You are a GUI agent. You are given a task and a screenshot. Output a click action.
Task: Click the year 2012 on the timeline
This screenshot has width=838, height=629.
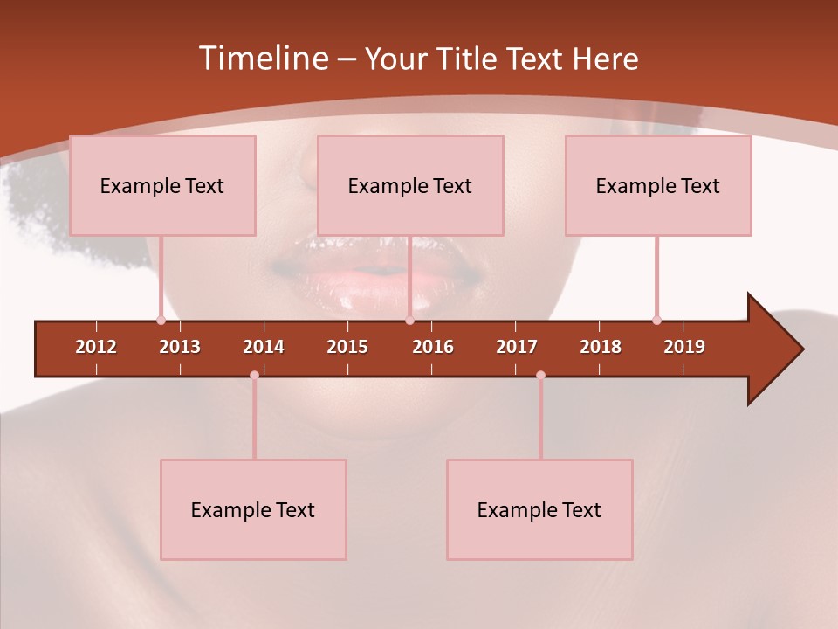click(96, 347)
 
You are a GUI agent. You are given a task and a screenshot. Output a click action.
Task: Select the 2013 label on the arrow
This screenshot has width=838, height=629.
click(180, 347)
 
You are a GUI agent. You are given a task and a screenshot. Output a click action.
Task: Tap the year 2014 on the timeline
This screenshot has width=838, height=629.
click(264, 347)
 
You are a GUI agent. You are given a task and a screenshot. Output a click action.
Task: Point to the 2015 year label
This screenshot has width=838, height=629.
click(347, 347)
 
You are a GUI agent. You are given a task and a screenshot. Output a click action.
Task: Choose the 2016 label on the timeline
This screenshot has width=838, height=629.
click(433, 347)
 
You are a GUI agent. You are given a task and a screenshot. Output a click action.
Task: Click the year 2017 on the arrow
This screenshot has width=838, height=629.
click(517, 347)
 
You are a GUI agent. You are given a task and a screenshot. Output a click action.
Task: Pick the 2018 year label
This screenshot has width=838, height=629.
click(601, 347)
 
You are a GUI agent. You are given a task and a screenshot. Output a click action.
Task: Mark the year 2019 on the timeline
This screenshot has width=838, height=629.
click(684, 347)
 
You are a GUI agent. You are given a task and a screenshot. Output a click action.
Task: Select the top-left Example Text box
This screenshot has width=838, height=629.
click(162, 185)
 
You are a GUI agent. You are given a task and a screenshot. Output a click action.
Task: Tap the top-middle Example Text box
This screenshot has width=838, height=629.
click(410, 185)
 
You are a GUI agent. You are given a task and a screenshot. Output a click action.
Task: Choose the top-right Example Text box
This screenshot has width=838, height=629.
click(658, 185)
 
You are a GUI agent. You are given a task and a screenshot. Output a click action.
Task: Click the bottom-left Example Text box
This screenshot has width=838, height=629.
click(253, 509)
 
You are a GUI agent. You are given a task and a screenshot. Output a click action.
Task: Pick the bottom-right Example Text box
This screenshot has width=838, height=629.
click(539, 509)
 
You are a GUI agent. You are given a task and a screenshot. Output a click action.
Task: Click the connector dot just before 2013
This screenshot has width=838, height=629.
click(161, 321)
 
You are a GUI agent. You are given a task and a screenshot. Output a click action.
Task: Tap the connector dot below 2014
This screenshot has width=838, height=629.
click(254, 375)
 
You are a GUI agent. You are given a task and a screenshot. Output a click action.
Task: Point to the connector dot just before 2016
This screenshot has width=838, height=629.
click(409, 321)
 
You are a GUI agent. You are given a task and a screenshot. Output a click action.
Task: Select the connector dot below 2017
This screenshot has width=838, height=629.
click(540, 375)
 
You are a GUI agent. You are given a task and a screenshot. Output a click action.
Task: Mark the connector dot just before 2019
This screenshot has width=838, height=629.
click(656, 321)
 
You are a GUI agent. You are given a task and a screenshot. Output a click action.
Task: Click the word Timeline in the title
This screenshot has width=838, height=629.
click(263, 59)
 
